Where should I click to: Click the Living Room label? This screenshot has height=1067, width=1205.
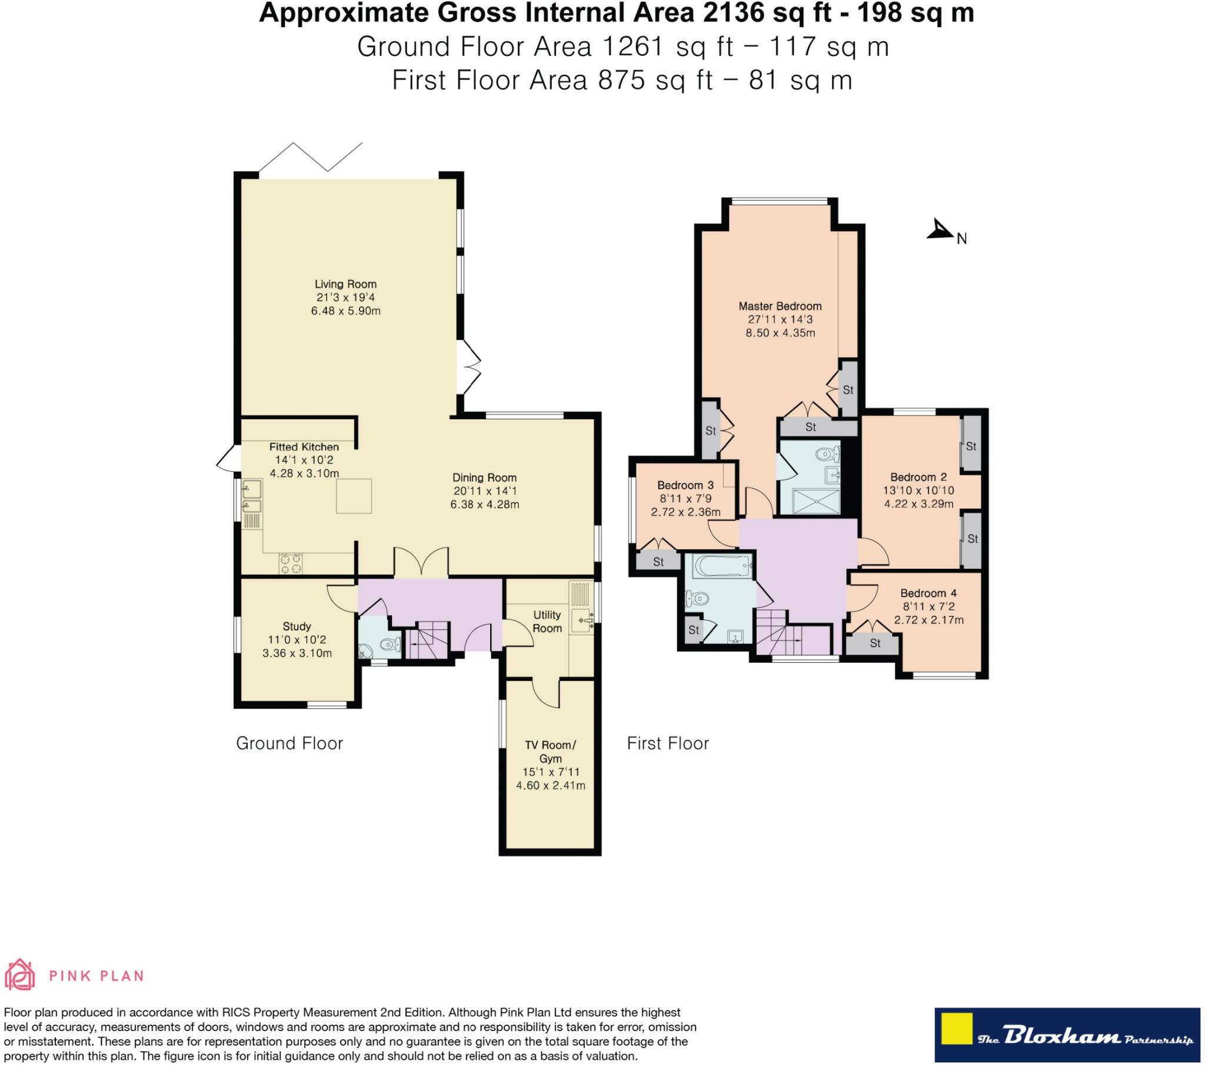pyautogui.click(x=345, y=284)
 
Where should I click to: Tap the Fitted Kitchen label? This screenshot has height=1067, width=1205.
pyautogui.click(x=304, y=447)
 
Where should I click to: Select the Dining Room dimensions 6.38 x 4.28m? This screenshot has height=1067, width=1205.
pyautogui.click(x=485, y=504)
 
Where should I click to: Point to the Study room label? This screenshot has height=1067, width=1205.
pyautogui.click(x=297, y=626)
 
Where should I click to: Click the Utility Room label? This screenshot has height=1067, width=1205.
pyautogui.click(x=547, y=621)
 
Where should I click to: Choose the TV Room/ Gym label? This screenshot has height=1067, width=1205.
pyautogui.click(x=551, y=752)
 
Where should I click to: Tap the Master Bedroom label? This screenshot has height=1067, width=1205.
pyautogui.click(x=780, y=306)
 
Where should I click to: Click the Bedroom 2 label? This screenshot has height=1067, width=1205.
pyautogui.click(x=918, y=477)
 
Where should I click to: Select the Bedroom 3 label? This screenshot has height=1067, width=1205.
pyautogui.click(x=685, y=485)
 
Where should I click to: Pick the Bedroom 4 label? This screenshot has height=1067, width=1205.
pyautogui.click(x=928, y=593)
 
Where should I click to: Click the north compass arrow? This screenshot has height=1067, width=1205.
pyautogui.click(x=940, y=229)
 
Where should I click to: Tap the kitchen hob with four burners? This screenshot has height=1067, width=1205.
pyautogui.click(x=289, y=563)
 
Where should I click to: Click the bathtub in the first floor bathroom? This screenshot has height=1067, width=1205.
pyautogui.click(x=723, y=567)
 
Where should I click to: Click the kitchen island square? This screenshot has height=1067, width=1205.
pyautogui.click(x=354, y=496)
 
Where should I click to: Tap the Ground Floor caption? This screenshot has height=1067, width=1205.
pyautogui.click(x=289, y=743)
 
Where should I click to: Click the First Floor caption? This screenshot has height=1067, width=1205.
pyautogui.click(x=667, y=743)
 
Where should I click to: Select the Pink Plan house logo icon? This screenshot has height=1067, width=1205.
pyautogui.click(x=19, y=976)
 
